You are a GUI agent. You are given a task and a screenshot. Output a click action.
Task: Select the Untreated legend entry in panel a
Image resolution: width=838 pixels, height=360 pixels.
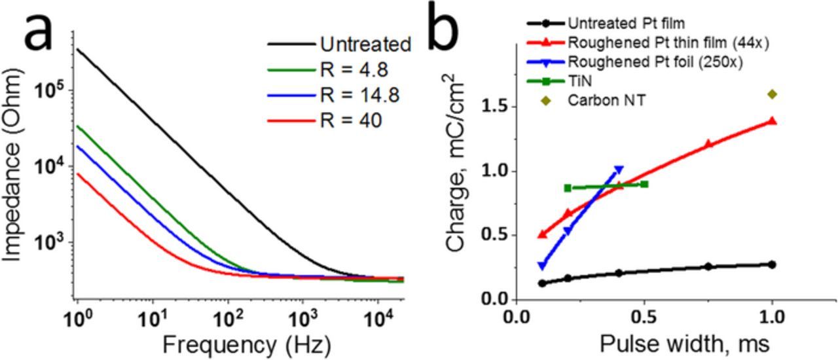pos(365,45)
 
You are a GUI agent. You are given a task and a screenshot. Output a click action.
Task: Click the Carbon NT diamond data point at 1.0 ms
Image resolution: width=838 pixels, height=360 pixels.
pos(773,94)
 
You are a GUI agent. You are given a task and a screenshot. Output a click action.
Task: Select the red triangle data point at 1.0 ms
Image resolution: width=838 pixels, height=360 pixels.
pos(773,121)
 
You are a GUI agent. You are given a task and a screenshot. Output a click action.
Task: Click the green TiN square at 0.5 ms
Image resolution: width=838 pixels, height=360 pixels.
pos(645,184)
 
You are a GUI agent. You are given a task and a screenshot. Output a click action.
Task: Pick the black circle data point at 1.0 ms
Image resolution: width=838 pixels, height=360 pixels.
pos(773,264)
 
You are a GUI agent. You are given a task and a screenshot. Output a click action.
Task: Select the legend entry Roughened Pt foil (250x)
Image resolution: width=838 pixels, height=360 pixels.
pos(637,62)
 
